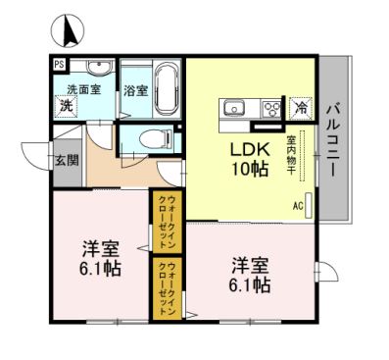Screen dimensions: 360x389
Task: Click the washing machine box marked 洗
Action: tap(66, 106)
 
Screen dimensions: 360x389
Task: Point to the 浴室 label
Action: tap(135, 91)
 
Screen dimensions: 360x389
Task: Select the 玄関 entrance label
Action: tap(67, 161)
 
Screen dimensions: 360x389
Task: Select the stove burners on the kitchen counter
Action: tap(270, 108)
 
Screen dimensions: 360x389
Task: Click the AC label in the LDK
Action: tap(297, 206)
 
